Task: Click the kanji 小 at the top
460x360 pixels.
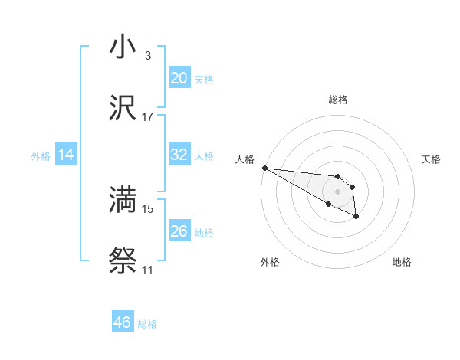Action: [123, 47]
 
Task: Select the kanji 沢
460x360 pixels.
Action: [123, 108]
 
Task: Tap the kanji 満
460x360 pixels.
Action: [123, 200]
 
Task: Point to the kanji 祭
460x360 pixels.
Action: [123, 261]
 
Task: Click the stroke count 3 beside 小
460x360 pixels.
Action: [147, 56]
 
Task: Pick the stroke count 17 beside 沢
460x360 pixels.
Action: [148, 117]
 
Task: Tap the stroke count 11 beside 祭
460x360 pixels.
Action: [147, 270]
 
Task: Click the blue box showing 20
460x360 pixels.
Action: [179, 77]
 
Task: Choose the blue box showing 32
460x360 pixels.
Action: [179, 155]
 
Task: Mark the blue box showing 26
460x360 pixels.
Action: [179, 231]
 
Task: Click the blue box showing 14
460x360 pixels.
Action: [66, 155]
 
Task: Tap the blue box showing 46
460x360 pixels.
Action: [122, 322]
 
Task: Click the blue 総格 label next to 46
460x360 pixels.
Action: [147, 324]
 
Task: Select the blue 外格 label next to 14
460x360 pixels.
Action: [41, 156]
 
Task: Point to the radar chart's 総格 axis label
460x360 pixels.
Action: [338, 100]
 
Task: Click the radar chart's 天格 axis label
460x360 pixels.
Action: [432, 159]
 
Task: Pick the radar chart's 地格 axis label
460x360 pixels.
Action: [402, 262]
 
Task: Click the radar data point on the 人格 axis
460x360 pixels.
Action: [264, 168]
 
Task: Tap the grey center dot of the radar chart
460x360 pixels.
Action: [337, 191]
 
